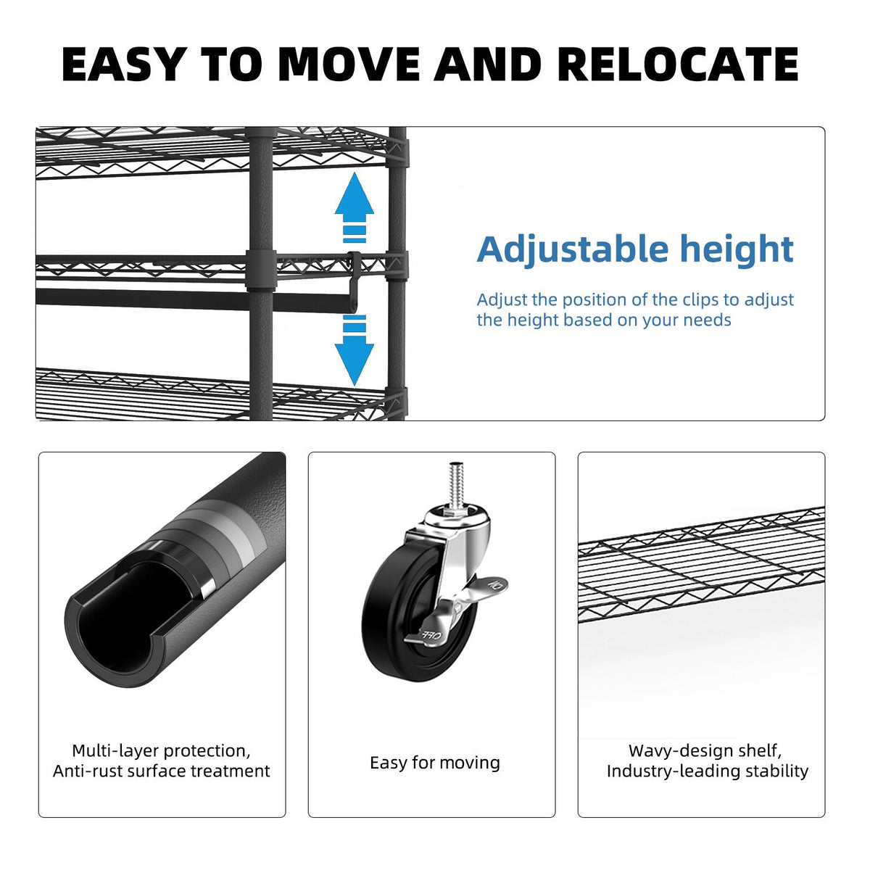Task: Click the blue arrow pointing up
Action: [x=355, y=207]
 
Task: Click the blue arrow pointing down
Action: [x=355, y=350]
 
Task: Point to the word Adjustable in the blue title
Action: [x=572, y=249]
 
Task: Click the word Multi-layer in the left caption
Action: [x=115, y=751]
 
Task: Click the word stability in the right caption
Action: [x=776, y=771]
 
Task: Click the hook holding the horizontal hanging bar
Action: [x=354, y=279]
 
